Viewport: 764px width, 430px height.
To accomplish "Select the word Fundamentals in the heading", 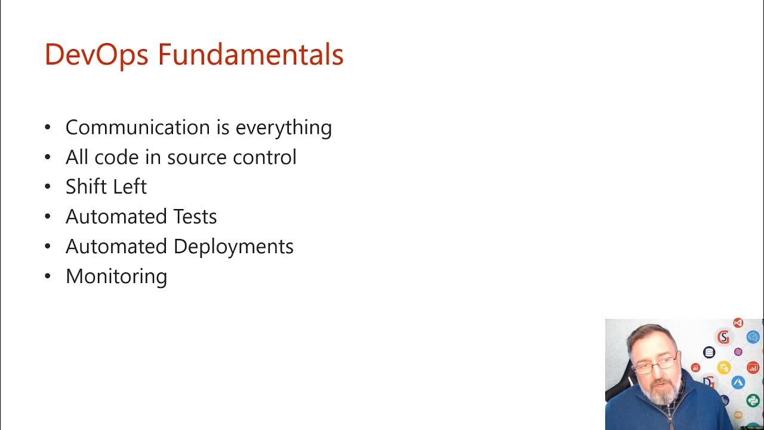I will point(251,54).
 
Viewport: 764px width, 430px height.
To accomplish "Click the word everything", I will point(284,128).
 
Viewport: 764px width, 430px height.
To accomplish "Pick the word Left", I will point(128,187).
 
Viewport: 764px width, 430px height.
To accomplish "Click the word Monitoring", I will point(116,277).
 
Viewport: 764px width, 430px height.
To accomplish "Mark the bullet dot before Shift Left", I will point(48,187).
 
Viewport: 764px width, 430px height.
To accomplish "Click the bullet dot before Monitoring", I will point(48,277).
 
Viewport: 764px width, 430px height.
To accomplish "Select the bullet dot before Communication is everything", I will point(48,127).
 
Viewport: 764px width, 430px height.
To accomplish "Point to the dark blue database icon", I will point(709,352).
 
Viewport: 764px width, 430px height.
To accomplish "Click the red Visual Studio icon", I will point(738,323).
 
